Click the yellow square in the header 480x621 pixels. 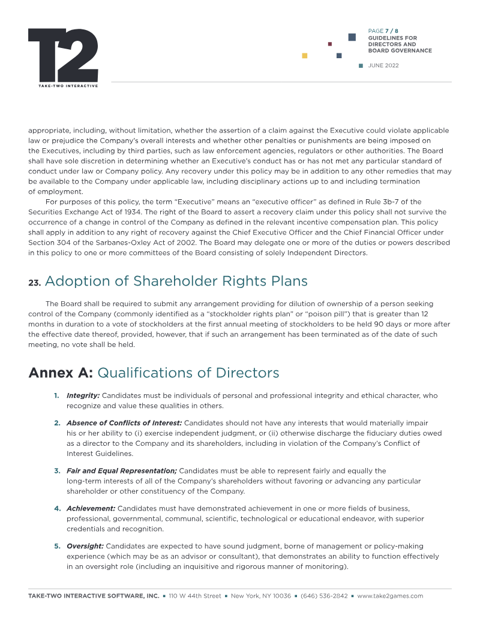pos(305,56)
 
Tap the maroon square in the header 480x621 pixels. pos(330,44)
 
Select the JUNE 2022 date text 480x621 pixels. pos(383,65)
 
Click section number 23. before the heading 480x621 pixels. pos(34,283)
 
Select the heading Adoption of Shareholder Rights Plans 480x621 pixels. pos(176,281)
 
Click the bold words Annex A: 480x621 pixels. pos(61,373)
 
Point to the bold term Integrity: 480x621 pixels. pos(83,395)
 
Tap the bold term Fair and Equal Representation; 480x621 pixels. pos(121,471)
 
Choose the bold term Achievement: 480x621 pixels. pos(91,508)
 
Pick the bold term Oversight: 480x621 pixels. pos(85,546)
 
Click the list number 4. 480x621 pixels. pos(58,508)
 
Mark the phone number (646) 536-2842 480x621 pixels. pos(324,596)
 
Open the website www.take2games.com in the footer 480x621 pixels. pos(390,596)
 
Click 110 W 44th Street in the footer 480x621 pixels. pos(195,596)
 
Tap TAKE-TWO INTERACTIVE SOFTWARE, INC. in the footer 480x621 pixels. pos(94,596)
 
